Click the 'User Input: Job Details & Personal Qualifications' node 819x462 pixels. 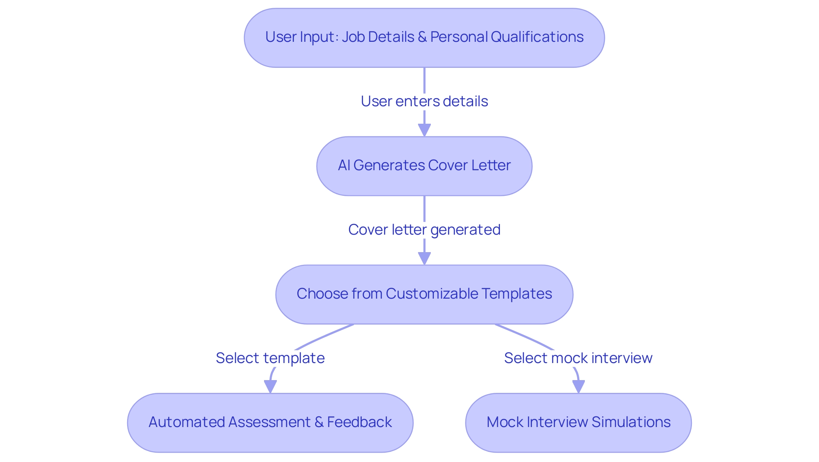tap(424, 38)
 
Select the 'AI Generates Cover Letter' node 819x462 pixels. tap(424, 166)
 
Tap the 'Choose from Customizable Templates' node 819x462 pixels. tap(424, 294)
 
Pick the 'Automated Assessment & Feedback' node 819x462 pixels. tap(270, 423)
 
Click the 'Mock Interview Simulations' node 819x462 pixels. tap(578, 423)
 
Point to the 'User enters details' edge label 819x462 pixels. tap(424, 102)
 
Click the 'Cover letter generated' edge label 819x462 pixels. tap(424, 230)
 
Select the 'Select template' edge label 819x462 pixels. tap(270, 358)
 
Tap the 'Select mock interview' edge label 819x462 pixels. tap(578, 358)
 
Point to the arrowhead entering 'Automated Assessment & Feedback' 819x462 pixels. tap(270, 386)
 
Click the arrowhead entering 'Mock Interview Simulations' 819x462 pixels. tap(578, 386)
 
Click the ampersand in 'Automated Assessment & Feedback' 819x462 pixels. tap(319, 422)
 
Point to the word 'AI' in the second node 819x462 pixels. tap(344, 166)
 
